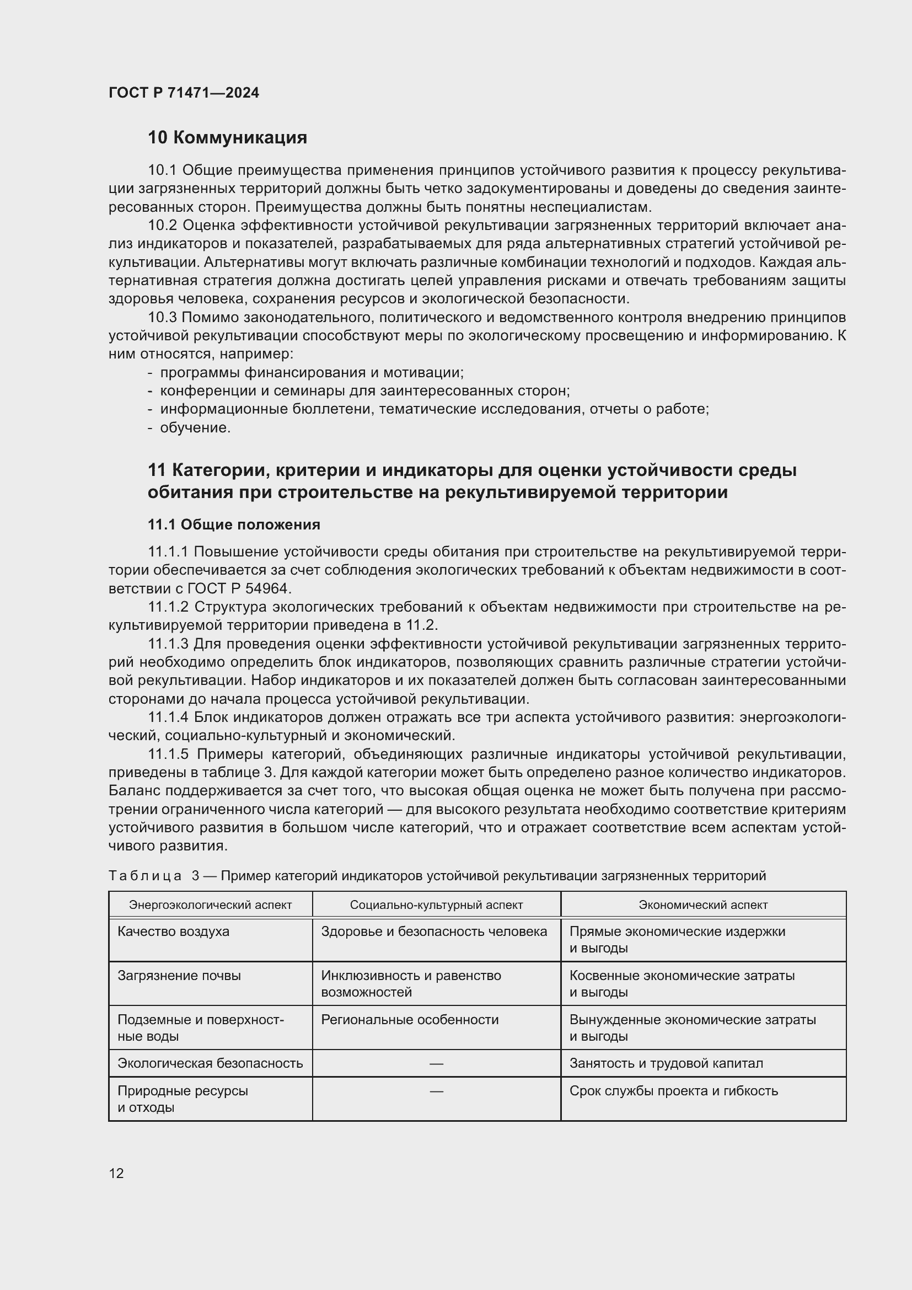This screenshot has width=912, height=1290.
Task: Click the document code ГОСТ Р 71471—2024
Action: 184,93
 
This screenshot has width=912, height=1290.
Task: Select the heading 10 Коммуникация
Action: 227,138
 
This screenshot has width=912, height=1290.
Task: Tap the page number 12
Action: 116,1173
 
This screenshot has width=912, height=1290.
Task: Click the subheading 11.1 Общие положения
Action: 234,524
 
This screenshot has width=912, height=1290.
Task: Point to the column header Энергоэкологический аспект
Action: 210,904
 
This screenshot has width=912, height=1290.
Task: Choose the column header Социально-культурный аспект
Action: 436,904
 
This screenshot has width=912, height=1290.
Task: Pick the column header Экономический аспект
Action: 703,904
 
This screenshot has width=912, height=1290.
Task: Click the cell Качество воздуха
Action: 174,932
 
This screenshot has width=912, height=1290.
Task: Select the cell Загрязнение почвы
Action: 179,976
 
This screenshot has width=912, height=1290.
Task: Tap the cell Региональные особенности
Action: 410,1020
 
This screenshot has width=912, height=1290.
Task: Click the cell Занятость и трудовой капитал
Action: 666,1063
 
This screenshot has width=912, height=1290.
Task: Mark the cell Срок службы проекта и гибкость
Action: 673,1091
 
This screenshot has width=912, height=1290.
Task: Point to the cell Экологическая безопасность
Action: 210,1063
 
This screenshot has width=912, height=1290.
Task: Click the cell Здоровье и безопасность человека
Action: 433,932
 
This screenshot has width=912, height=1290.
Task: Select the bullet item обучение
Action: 195,427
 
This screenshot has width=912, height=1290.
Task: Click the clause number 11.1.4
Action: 169,718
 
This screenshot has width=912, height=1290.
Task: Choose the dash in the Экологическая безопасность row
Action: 436,1063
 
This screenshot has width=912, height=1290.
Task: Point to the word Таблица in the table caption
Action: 145,876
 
